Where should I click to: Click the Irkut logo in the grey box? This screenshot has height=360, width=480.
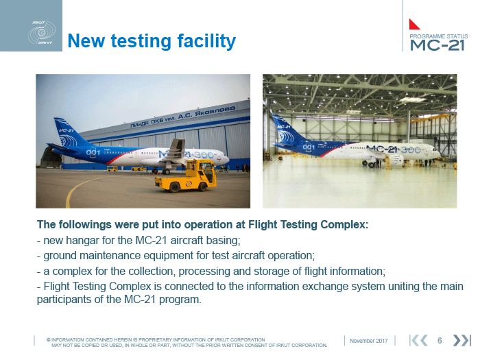click(x=42, y=33)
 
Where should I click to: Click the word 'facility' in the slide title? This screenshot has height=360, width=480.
click(x=206, y=41)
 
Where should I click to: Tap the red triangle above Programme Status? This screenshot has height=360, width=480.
click(x=414, y=24)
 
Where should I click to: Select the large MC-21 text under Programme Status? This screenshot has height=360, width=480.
click(x=437, y=45)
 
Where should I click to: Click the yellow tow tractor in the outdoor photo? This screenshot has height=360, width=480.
click(x=186, y=176)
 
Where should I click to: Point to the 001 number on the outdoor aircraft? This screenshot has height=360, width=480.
click(x=93, y=152)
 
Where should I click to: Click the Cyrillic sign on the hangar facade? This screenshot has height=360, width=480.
click(x=183, y=117)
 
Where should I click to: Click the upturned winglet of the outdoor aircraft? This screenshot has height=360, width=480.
click(x=177, y=148)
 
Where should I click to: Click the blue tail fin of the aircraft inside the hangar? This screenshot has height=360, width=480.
click(x=285, y=130)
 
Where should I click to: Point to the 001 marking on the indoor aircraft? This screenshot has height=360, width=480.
click(x=309, y=147)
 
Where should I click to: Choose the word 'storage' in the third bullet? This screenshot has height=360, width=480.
click(x=277, y=272)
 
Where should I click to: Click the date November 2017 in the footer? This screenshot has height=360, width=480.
click(x=369, y=341)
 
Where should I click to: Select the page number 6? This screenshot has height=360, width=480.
click(x=440, y=340)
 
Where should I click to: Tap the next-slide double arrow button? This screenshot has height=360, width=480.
click(x=461, y=340)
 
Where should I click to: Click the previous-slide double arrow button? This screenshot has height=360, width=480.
click(x=418, y=340)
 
